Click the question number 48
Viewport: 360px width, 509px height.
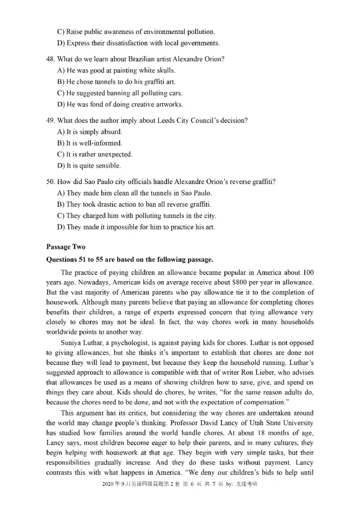click(50, 59)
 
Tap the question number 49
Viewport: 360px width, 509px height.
click(50, 121)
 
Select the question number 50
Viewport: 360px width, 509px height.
click(50, 182)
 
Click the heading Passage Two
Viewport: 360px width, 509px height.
click(65, 247)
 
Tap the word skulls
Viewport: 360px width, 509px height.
click(165, 71)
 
